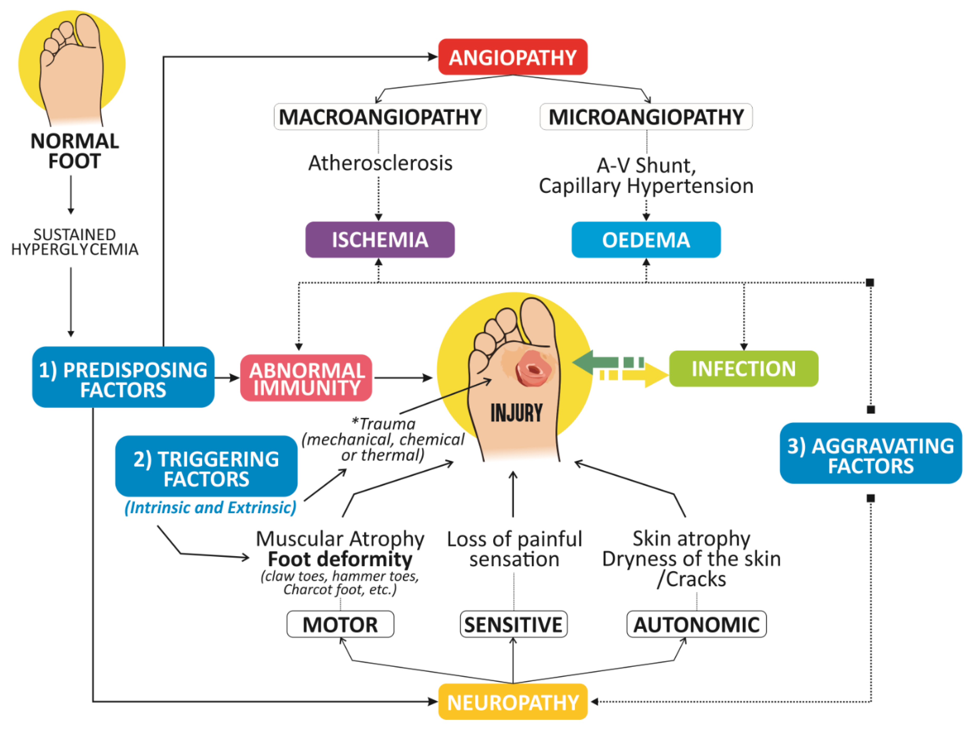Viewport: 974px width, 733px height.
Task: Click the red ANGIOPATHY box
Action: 513,57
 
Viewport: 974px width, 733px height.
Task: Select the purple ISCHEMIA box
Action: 380,240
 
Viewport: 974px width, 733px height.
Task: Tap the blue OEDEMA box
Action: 646,240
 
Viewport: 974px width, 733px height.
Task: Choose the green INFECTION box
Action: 743,369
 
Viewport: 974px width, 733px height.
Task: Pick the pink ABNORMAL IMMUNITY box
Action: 306,378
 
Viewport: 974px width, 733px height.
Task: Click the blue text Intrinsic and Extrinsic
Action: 210,507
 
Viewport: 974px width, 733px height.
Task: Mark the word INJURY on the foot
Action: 516,413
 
